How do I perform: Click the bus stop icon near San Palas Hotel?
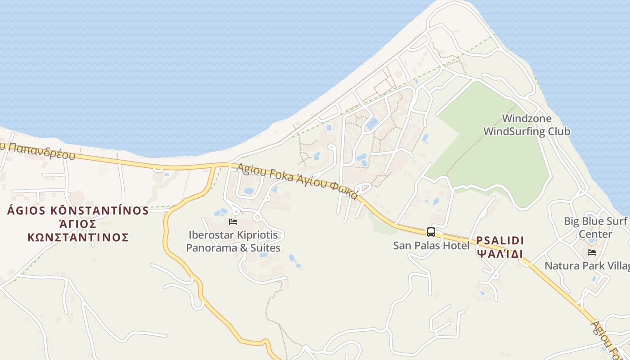(431, 232)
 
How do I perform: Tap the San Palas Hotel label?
(431, 245)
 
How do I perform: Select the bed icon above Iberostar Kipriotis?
(233, 221)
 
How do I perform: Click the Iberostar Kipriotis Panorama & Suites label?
(233, 242)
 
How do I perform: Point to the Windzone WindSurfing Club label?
(526, 125)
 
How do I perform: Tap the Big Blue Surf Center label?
(595, 228)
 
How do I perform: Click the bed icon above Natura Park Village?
(592, 252)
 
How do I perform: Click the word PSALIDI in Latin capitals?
(499, 240)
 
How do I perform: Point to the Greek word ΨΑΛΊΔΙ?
(499, 254)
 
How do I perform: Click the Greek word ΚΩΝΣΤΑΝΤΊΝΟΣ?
(78, 237)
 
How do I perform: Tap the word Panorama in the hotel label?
(211, 248)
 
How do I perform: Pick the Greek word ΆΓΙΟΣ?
(78, 224)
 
